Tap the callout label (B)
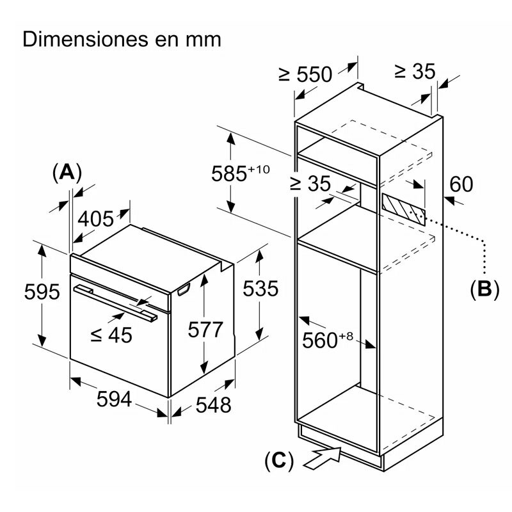[484, 289]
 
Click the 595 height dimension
[42, 292]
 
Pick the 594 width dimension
[114, 400]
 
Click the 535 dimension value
[260, 289]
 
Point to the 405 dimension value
[95, 219]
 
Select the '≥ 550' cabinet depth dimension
[305, 74]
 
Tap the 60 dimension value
[461, 184]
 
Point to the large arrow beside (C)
[326, 457]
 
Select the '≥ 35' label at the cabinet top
[414, 71]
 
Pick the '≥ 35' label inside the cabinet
[310, 184]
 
